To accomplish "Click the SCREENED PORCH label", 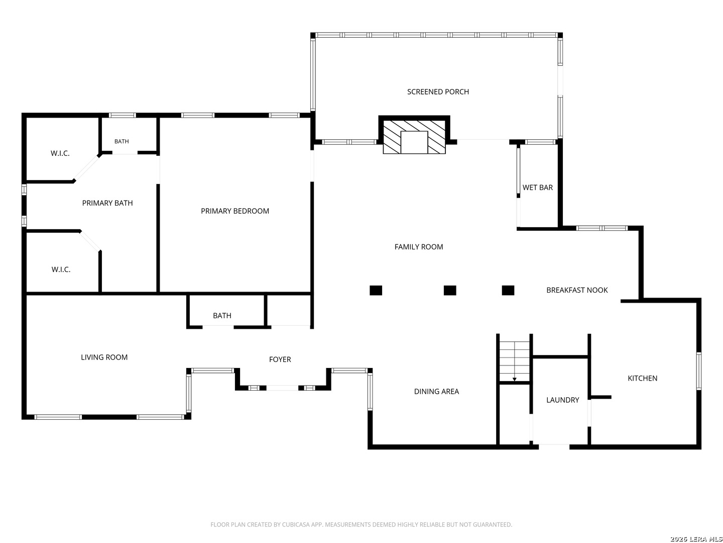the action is click(438, 92).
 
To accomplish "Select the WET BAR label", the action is click(537, 188).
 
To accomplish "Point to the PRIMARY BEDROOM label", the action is click(235, 211).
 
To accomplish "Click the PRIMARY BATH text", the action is click(107, 203).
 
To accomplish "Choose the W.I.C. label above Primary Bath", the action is click(60, 153).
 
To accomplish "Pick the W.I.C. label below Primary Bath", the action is click(61, 269).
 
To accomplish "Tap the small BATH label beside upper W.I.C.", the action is click(122, 141).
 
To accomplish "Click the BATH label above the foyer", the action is click(222, 316).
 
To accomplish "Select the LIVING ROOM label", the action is click(104, 357).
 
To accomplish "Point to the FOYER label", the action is click(280, 359).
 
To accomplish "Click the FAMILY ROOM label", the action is click(419, 247).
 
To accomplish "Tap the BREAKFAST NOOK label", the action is click(577, 290).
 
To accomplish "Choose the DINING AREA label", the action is click(436, 392).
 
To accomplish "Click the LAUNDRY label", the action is click(563, 400).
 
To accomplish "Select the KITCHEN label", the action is click(642, 379).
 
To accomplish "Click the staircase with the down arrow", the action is click(514, 361).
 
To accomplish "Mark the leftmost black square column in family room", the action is click(376, 291).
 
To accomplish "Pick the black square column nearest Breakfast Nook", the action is click(508, 291).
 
